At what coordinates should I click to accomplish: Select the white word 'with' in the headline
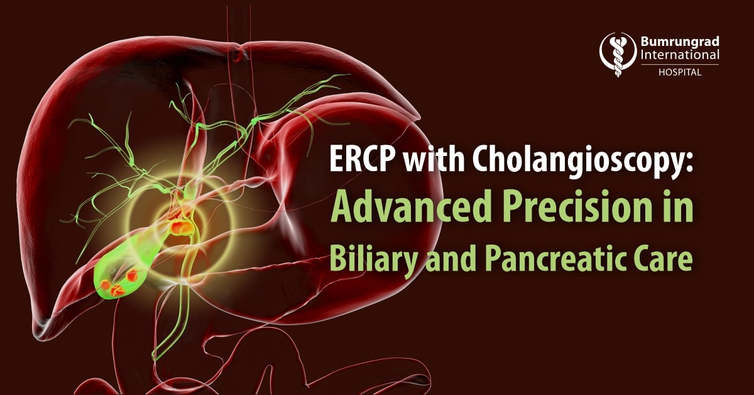[x=434, y=157]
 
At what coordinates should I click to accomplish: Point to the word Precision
[x=576, y=206]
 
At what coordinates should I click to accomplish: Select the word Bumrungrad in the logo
[x=680, y=42]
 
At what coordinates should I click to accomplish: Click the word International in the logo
[x=680, y=55]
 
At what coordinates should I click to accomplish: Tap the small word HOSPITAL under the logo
[x=680, y=72]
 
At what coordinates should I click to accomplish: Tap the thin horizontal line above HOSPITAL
[x=680, y=64]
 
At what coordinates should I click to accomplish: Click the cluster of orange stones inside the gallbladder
[x=119, y=282]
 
